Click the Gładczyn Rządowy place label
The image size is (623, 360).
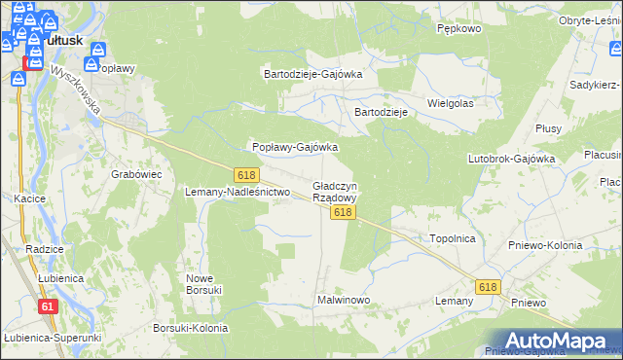click(335, 191)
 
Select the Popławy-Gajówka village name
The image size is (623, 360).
click(295, 147)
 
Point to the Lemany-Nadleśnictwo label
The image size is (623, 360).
click(238, 192)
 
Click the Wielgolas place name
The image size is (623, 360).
click(450, 102)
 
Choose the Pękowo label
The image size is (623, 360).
click(459, 29)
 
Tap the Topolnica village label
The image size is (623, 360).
click(452, 237)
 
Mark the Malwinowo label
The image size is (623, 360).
click(344, 300)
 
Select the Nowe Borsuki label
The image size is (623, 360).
click(204, 283)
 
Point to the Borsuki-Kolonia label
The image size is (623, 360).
click(191, 328)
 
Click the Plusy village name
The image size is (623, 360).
click(549, 128)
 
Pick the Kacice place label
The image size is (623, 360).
click(31, 198)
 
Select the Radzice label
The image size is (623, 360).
click(45, 249)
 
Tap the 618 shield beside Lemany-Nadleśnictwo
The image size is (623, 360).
click(245, 174)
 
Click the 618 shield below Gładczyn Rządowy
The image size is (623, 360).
click(341, 212)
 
